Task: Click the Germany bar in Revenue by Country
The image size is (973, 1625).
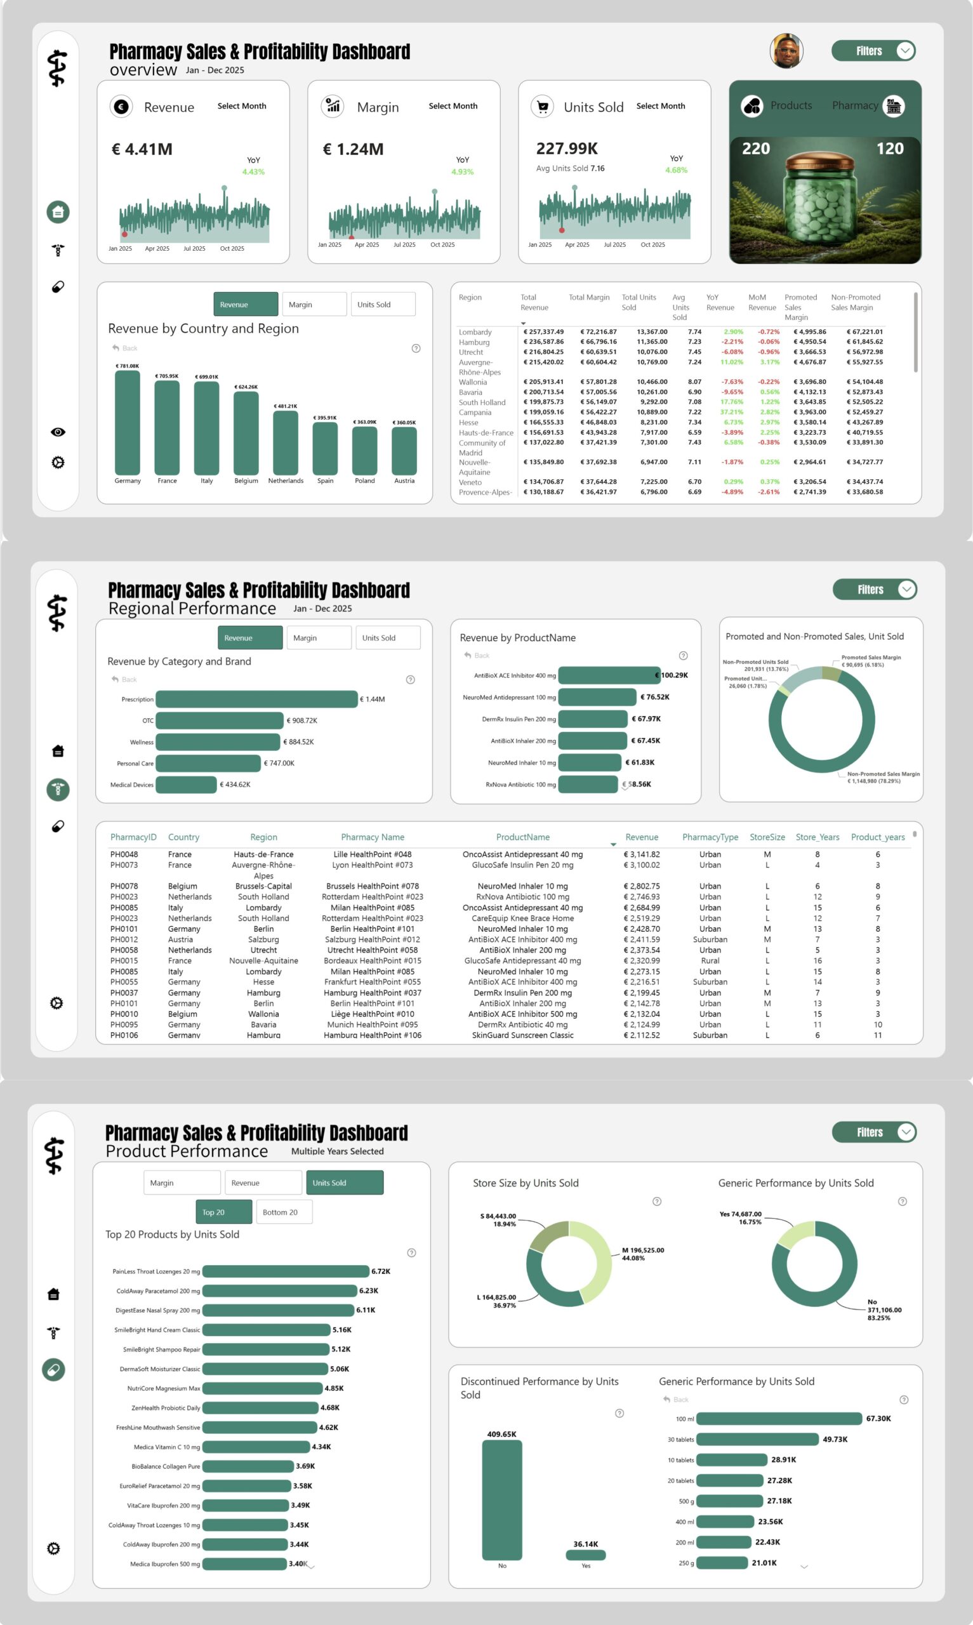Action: pyautogui.click(x=127, y=422)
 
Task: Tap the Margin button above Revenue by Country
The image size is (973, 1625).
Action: pyautogui.click(x=314, y=304)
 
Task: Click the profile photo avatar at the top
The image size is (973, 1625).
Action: pyautogui.click(x=786, y=51)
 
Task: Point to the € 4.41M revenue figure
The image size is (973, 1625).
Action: pyautogui.click(x=142, y=149)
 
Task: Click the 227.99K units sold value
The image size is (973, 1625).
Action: pyautogui.click(x=567, y=149)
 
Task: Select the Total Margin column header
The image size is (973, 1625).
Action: pyautogui.click(x=589, y=298)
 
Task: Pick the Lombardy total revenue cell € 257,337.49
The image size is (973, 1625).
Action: pyautogui.click(x=543, y=332)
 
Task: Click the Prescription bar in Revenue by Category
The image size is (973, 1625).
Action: pyautogui.click(x=256, y=700)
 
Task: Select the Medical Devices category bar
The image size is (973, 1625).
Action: pyautogui.click(x=186, y=785)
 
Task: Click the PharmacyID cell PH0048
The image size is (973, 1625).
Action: pyautogui.click(x=124, y=854)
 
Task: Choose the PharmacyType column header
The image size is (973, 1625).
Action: pyautogui.click(x=710, y=837)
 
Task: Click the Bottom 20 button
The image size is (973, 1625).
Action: pyautogui.click(x=284, y=1212)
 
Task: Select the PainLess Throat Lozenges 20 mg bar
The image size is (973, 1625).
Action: pyautogui.click(x=285, y=1271)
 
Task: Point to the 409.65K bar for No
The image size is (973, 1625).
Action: pyautogui.click(x=501, y=1500)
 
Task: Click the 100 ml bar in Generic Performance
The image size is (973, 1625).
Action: pyautogui.click(x=779, y=1419)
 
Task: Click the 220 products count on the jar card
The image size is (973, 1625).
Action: pyautogui.click(x=756, y=149)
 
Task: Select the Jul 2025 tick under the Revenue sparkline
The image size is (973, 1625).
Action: pyautogui.click(x=194, y=249)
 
